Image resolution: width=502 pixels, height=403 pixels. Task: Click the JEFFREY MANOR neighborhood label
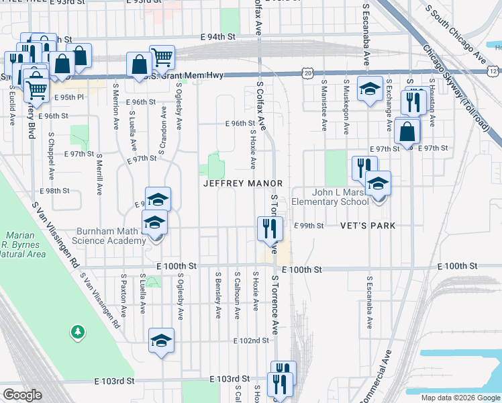click(242, 183)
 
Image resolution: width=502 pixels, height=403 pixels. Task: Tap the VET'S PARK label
click(368, 226)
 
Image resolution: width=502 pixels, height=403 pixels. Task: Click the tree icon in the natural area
click(79, 331)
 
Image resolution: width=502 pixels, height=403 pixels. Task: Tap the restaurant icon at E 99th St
click(270, 228)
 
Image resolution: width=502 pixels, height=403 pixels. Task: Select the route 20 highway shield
click(307, 71)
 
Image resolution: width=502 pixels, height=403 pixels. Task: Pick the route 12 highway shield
click(493, 71)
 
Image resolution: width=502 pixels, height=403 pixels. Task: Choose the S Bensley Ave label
click(218, 295)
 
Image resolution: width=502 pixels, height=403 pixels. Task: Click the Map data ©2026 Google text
click(460, 398)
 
